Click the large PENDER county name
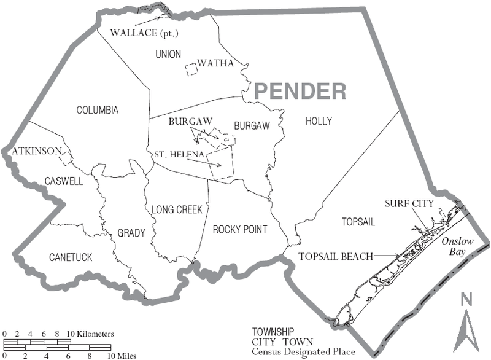(x=300, y=92)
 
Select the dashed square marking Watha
(x=193, y=69)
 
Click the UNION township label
(x=168, y=54)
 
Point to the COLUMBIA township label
(x=97, y=111)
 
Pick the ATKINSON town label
(x=36, y=151)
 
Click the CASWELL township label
(x=63, y=181)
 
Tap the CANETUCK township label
(x=71, y=257)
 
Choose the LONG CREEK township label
(x=177, y=209)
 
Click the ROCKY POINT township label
(x=240, y=230)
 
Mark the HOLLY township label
(x=319, y=122)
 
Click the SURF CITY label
(x=409, y=203)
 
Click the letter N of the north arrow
(x=466, y=299)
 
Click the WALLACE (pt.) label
(x=144, y=32)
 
